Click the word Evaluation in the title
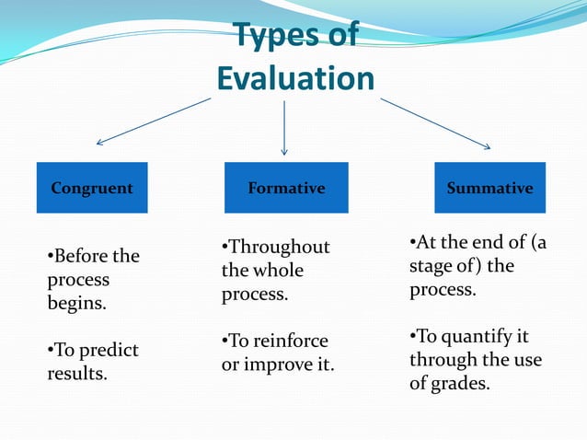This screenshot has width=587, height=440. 295,78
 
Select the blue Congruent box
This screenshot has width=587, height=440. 92,188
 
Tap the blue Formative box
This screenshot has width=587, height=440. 286,188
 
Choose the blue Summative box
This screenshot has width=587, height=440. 489,188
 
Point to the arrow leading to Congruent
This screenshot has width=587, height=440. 153,122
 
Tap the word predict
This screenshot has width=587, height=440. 106,351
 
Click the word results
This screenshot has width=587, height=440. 76,374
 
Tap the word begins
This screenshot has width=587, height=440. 75,303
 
